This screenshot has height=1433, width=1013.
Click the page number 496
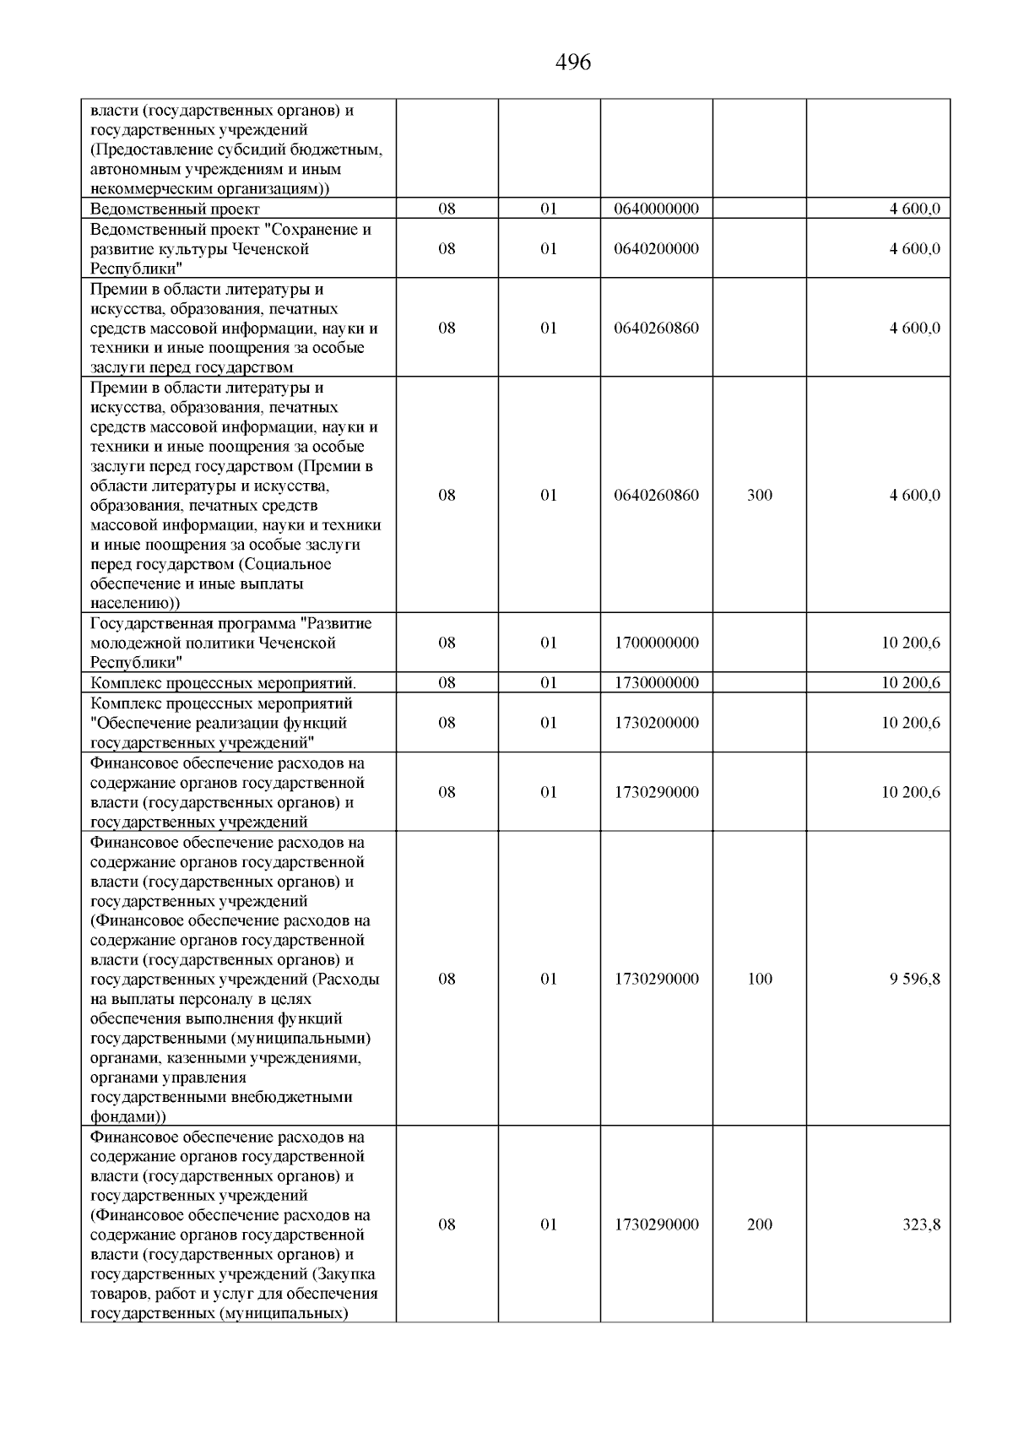click(x=573, y=62)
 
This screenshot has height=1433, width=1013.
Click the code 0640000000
click(x=656, y=209)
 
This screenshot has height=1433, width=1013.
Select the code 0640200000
click(x=656, y=249)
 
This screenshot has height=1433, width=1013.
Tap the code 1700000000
click(x=656, y=643)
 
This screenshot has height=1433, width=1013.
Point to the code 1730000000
click(x=656, y=683)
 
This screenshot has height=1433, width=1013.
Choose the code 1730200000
click(x=656, y=723)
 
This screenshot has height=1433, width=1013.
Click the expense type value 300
click(x=759, y=496)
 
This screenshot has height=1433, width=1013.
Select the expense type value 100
click(x=759, y=980)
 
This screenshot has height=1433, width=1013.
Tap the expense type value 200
click(x=759, y=1225)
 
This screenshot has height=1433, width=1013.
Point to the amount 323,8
click(x=921, y=1225)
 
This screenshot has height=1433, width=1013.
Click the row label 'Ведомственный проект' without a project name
click(x=175, y=209)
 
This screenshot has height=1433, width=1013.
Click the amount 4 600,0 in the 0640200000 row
click(x=914, y=249)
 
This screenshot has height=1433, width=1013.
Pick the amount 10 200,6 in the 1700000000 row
click(x=911, y=643)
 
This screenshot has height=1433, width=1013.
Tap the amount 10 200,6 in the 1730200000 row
click(x=911, y=723)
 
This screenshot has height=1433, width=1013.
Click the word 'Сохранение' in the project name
click(x=323, y=230)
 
